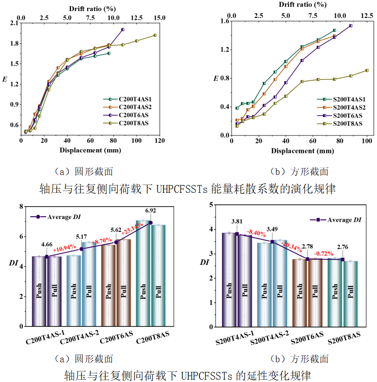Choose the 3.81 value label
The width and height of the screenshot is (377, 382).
(x=237, y=221)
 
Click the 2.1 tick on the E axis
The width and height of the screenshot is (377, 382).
(x=12, y=23)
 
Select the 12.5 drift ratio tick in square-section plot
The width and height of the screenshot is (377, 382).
(x=367, y=16)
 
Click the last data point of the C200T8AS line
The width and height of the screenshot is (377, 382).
(x=155, y=35)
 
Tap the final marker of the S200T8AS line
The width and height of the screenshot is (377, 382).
(x=367, y=70)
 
